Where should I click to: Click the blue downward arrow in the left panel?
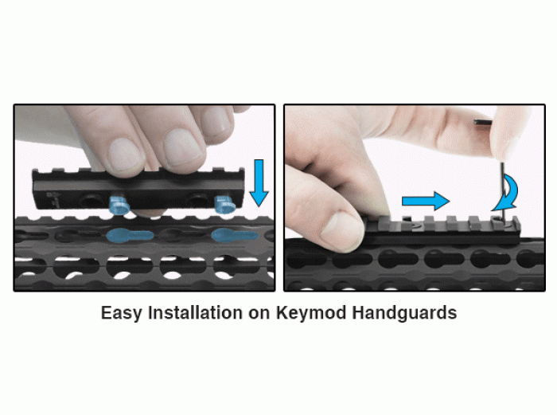click(x=259, y=182)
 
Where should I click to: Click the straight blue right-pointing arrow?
click(x=426, y=201)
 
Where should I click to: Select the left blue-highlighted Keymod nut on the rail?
click(x=120, y=206)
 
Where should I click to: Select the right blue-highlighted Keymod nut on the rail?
click(x=224, y=205)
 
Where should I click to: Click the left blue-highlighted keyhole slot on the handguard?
click(x=130, y=236)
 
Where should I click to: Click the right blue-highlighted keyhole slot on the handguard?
click(x=235, y=236)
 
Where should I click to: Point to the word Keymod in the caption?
click(x=311, y=314)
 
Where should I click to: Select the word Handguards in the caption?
click(x=404, y=313)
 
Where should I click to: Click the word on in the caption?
click(x=259, y=315)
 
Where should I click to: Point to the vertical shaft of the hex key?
click(x=503, y=193)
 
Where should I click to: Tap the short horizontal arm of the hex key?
click(x=483, y=123)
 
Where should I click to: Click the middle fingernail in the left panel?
click(x=181, y=145)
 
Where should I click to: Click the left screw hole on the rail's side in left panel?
click(x=86, y=202)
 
